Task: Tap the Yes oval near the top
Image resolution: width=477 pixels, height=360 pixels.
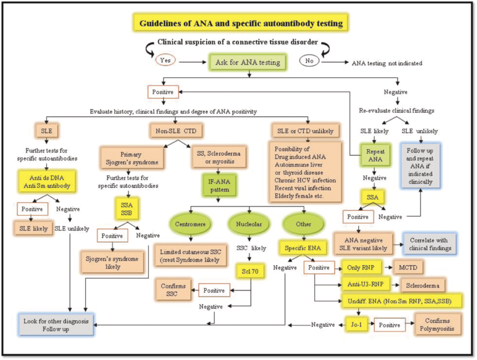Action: tap(166, 61)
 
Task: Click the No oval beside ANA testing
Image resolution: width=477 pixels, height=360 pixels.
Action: tap(309, 61)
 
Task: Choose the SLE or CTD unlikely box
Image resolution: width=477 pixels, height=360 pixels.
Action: tap(305, 131)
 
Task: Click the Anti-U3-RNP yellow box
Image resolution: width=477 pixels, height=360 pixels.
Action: tap(365, 284)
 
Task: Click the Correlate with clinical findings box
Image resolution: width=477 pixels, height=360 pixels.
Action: tap(430, 243)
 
